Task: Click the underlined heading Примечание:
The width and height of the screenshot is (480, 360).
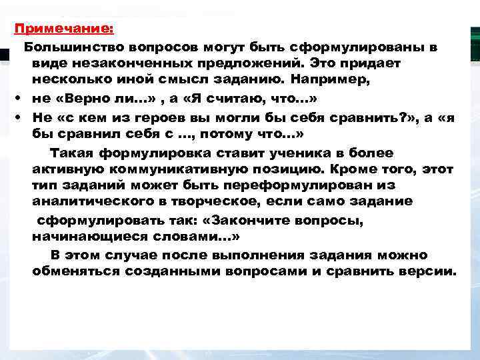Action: point(65,29)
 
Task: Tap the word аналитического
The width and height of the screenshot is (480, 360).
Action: point(109,201)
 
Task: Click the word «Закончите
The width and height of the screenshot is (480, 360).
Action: point(252,219)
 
